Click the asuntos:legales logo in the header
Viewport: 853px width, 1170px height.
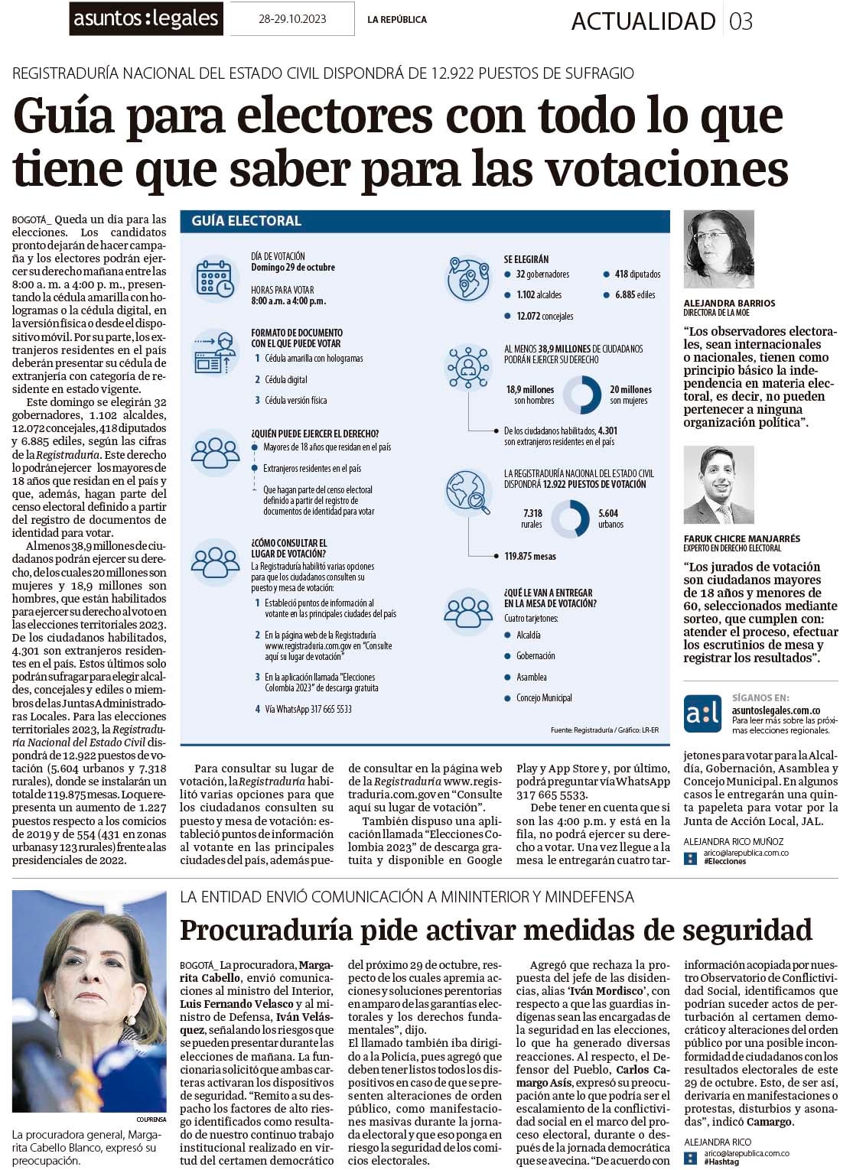[145, 19]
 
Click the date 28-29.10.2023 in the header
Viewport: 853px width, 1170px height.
[292, 19]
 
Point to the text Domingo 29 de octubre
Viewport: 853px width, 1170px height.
[292, 268]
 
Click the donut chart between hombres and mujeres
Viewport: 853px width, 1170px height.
[581, 395]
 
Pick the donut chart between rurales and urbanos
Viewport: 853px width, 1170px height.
[570, 518]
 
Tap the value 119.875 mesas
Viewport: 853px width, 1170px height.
[530, 556]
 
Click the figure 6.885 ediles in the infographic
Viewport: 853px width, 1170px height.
[634, 294]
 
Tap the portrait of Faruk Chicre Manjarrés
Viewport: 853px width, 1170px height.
[718, 486]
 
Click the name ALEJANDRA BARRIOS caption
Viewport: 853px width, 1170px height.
[729, 303]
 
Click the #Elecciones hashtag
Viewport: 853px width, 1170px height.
[725, 861]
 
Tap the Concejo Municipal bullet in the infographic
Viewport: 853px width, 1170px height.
[543, 697]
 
